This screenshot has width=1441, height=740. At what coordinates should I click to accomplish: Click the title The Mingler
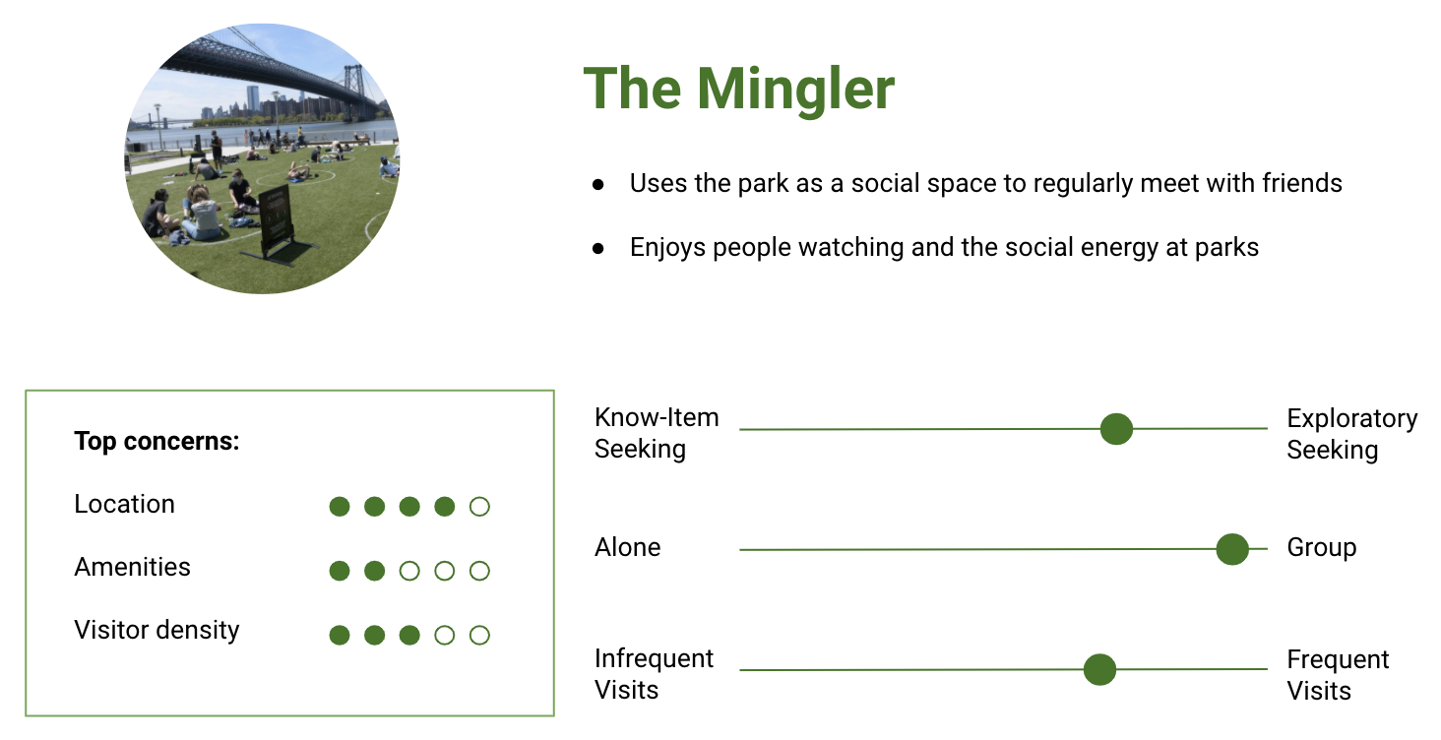[x=738, y=89]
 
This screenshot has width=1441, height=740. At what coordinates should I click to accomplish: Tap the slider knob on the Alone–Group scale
[x=1232, y=549]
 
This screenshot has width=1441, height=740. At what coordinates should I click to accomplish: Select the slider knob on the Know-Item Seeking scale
[x=1116, y=429]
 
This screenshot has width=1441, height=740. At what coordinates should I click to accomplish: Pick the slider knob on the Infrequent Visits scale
[x=1099, y=669]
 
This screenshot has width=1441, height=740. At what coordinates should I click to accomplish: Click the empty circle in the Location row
[x=479, y=507]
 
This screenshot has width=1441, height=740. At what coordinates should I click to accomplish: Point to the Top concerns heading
[x=157, y=441]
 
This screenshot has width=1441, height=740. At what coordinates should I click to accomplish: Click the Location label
[x=124, y=504]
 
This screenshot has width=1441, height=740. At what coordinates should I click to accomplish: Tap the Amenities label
[x=132, y=567]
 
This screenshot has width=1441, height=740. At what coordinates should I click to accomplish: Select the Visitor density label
[x=157, y=630]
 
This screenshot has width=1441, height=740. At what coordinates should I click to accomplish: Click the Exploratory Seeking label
[x=1351, y=434]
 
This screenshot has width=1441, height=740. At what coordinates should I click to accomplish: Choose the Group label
[x=1321, y=548]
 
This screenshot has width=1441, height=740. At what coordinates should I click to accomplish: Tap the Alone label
[x=627, y=548]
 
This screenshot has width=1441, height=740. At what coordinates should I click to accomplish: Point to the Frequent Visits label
[x=1338, y=675]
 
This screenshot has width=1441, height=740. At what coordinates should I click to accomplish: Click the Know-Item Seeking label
[x=657, y=433]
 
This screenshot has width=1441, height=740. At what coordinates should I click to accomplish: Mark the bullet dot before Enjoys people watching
[x=598, y=249]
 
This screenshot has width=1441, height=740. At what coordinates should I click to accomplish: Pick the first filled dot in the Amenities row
[x=339, y=571]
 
